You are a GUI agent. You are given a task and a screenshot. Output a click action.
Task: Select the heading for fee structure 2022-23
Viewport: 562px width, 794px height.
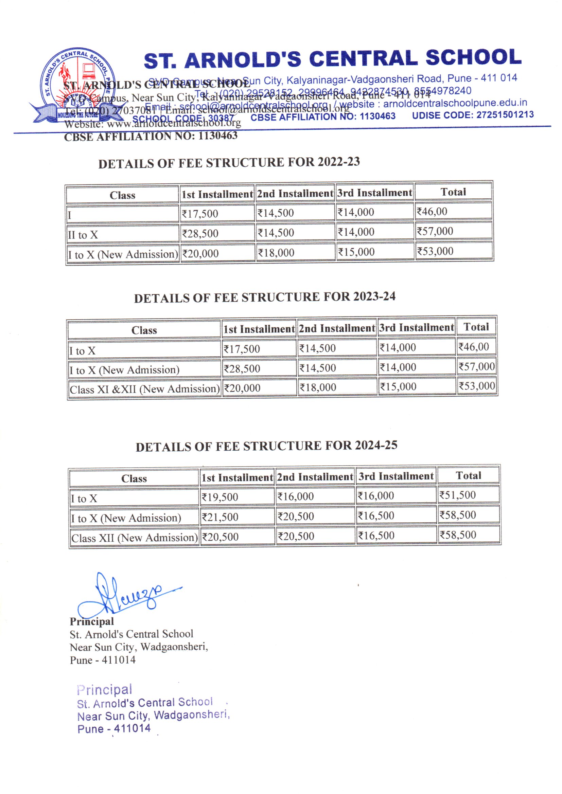(229, 163)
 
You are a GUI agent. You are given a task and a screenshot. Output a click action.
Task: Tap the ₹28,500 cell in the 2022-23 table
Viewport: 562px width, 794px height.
(200, 233)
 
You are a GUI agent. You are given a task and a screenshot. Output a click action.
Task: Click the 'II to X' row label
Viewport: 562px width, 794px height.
(83, 235)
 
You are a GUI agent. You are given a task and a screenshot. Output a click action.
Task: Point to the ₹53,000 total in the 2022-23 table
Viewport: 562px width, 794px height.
(435, 251)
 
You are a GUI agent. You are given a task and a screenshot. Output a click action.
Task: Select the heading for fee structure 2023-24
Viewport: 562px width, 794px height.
(264, 297)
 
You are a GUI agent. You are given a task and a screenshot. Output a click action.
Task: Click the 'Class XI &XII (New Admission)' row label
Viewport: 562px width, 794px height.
(144, 389)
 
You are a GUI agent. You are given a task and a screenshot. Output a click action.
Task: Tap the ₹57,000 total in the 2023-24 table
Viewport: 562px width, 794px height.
(476, 366)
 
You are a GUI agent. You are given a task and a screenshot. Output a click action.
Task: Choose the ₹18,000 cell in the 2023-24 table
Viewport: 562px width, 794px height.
(318, 387)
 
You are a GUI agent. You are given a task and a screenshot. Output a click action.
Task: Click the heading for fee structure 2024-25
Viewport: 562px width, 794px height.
(266, 446)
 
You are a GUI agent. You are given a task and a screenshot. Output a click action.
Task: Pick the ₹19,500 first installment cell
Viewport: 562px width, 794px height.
(220, 497)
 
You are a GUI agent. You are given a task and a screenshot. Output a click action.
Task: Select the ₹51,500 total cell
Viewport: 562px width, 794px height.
(457, 495)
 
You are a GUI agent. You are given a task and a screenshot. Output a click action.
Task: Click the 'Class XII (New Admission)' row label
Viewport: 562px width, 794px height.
(134, 538)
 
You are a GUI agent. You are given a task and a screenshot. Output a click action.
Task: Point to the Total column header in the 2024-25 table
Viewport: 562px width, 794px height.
(468, 475)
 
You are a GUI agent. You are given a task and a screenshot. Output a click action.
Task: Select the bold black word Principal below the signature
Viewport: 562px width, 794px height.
(92, 621)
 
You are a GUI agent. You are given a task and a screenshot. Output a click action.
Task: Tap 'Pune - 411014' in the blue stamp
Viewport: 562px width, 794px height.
(114, 729)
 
